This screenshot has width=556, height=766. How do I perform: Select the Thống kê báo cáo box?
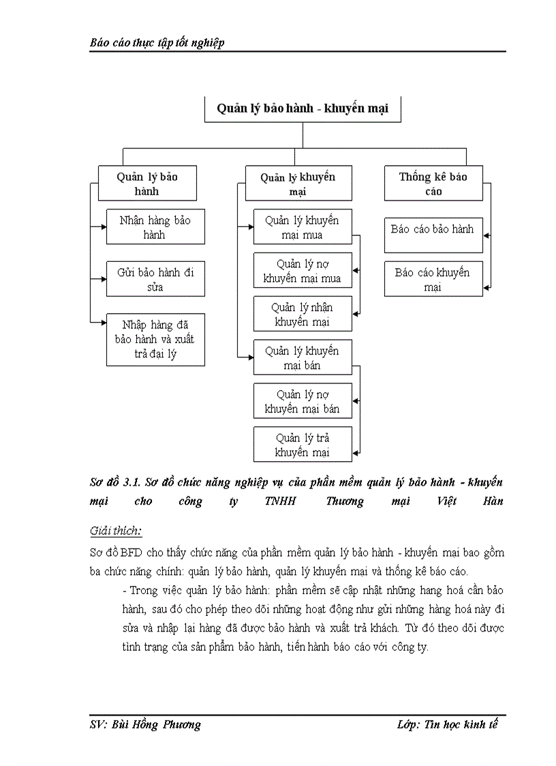433,183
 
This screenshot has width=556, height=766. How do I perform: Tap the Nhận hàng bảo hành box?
155,227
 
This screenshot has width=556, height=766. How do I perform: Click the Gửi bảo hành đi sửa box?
155,279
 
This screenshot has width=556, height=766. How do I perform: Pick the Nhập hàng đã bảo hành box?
155,340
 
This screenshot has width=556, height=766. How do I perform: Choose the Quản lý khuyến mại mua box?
302,227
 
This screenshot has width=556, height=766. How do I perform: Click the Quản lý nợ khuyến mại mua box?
302,271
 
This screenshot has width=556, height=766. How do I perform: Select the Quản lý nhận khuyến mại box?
302,314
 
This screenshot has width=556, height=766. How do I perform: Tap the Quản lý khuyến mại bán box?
302,357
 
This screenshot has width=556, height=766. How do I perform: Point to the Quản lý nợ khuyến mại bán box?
302,401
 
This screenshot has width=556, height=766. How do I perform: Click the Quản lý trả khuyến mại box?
302,445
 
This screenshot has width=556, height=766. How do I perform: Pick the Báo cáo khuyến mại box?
433,279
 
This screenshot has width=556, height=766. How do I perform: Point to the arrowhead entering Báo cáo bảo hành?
486,234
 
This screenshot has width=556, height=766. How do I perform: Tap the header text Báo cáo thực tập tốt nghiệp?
157,42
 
